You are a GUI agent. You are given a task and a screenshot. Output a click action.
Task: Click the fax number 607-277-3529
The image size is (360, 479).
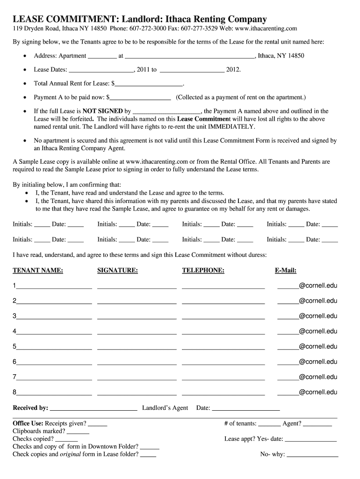pyautogui.click(x=206, y=29)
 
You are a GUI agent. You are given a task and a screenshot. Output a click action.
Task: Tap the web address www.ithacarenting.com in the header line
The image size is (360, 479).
pyautogui.click(x=268, y=29)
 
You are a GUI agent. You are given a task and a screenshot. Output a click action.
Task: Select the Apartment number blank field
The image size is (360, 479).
pyautogui.click(x=102, y=57)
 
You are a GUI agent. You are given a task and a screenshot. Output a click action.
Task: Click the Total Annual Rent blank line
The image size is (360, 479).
pyautogui.click(x=148, y=85)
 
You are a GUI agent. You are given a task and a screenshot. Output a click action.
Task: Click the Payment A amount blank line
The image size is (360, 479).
pyautogui.click(x=140, y=98)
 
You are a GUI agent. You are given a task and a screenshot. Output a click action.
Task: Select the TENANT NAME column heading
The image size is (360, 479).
pyautogui.click(x=38, y=270)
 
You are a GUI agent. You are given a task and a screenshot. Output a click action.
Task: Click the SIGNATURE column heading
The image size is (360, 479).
pyautogui.click(x=117, y=270)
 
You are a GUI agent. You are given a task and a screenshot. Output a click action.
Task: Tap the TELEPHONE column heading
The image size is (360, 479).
pyautogui.click(x=203, y=270)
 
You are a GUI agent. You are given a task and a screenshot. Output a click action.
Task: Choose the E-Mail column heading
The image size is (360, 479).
pyautogui.click(x=285, y=270)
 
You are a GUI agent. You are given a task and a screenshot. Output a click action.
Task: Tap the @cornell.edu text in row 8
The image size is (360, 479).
pyautogui.click(x=318, y=392)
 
